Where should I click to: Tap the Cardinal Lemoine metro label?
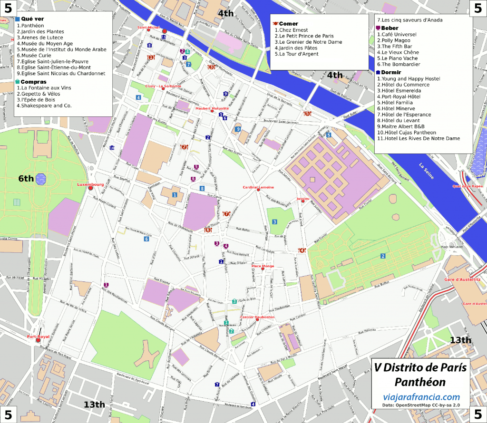pos(258,187)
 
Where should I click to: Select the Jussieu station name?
pos(302,198)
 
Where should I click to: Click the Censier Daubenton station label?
pos(257,317)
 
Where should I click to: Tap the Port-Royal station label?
pos(38,336)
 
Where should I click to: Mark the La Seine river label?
pos(428,167)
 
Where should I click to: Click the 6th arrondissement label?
pos(26,179)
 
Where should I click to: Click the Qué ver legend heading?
pos(32,19)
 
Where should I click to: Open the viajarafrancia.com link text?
pos(421,397)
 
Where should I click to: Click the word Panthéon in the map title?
pos(420,382)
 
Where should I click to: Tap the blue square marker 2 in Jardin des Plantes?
pos(382,256)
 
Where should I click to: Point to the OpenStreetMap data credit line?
pos(421,405)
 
